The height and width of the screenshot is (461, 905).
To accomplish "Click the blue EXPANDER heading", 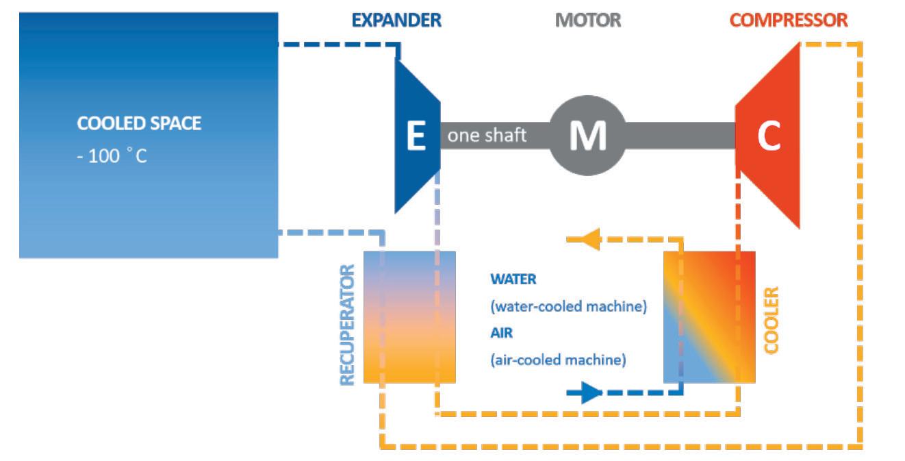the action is pyautogui.click(x=396, y=21).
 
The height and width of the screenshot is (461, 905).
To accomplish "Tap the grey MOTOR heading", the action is pyautogui.click(x=588, y=21).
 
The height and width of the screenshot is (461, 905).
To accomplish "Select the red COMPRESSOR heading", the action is pyautogui.click(x=788, y=21).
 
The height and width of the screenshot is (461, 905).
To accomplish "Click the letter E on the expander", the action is pyautogui.click(x=416, y=136).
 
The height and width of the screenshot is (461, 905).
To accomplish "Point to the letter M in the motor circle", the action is pyautogui.click(x=588, y=136).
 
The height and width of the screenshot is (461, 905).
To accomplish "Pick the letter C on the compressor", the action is pyautogui.click(x=769, y=136).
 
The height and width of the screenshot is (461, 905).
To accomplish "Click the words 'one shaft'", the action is pyautogui.click(x=487, y=136).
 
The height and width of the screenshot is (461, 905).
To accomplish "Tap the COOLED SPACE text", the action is pyautogui.click(x=139, y=123).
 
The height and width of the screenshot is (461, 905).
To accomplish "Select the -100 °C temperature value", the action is pyautogui.click(x=112, y=155).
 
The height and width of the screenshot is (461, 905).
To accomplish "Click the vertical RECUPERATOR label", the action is pyautogui.click(x=348, y=325).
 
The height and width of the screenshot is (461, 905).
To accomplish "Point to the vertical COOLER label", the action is pyautogui.click(x=771, y=321).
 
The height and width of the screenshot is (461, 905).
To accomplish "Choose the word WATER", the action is pyautogui.click(x=513, y=279).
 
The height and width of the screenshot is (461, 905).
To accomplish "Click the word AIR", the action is pyautogui.click(x=501, y=333).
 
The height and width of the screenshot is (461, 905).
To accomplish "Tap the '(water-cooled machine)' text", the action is pyautogui.click(x=568, y=306).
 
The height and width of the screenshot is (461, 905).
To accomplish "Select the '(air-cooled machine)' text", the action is pyautogui.click(x=558, y=360).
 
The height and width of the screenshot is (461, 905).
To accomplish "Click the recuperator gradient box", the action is pyautogui.click(x=409, y=317).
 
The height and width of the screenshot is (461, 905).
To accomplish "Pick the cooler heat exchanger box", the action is pyautogui.click(x=709, y=317).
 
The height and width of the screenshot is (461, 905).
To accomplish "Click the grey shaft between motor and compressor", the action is pyautogui.click(x=680, y=136).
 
